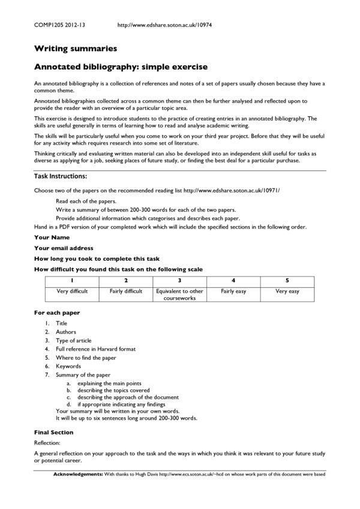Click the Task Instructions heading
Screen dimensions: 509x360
click(x=61, y=176)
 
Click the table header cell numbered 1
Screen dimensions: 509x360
click(x=72, y=280)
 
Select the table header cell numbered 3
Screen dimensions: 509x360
click(x=180, y=280)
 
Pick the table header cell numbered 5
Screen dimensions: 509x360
click(x=287, y=280)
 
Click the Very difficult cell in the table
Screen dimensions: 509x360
click(x=72, y=291)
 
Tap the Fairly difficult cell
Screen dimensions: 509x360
click(x=126, y=291)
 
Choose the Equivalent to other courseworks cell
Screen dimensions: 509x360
click(x=180, y=294)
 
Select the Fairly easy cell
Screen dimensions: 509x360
click(x=233, y=291)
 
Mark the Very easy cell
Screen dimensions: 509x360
click(x=287, y=291)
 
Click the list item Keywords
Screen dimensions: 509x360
click(x=68, y=366)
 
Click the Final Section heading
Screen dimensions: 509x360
click(x=53, y=432)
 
